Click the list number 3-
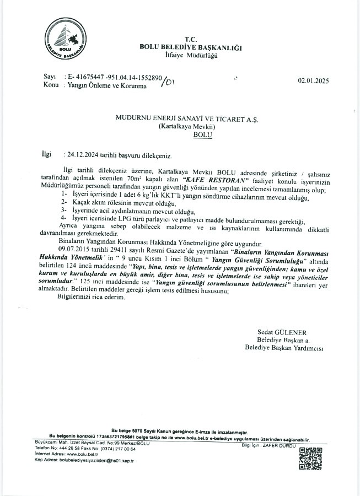[64, 211]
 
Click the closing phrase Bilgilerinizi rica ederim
[92, 296]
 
